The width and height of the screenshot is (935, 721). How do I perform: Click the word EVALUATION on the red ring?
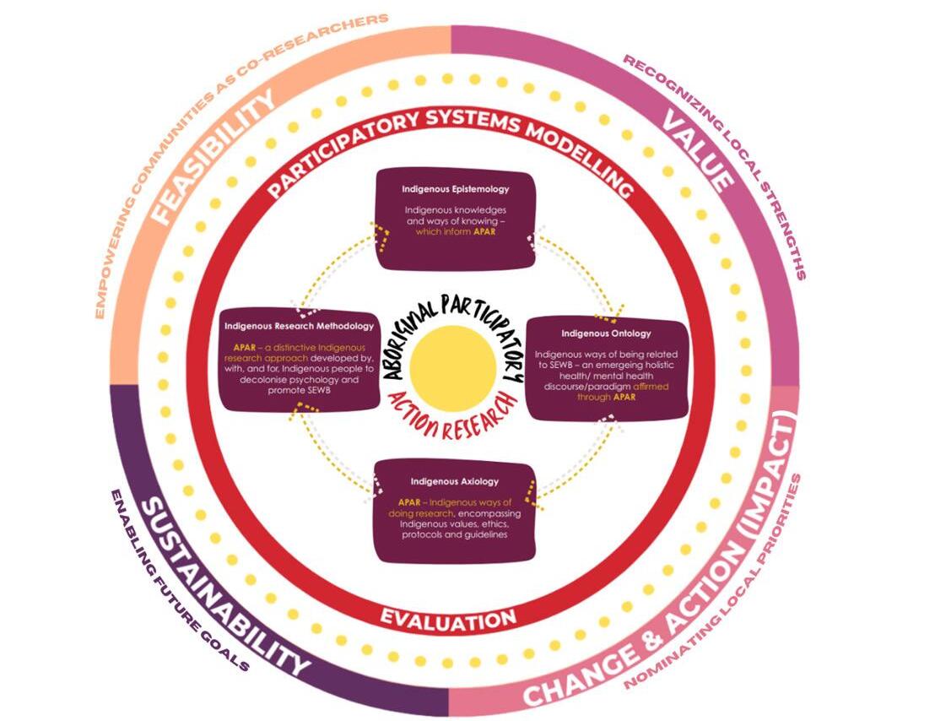click(448, 621)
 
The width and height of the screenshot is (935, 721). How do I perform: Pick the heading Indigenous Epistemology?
click(455, 188)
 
